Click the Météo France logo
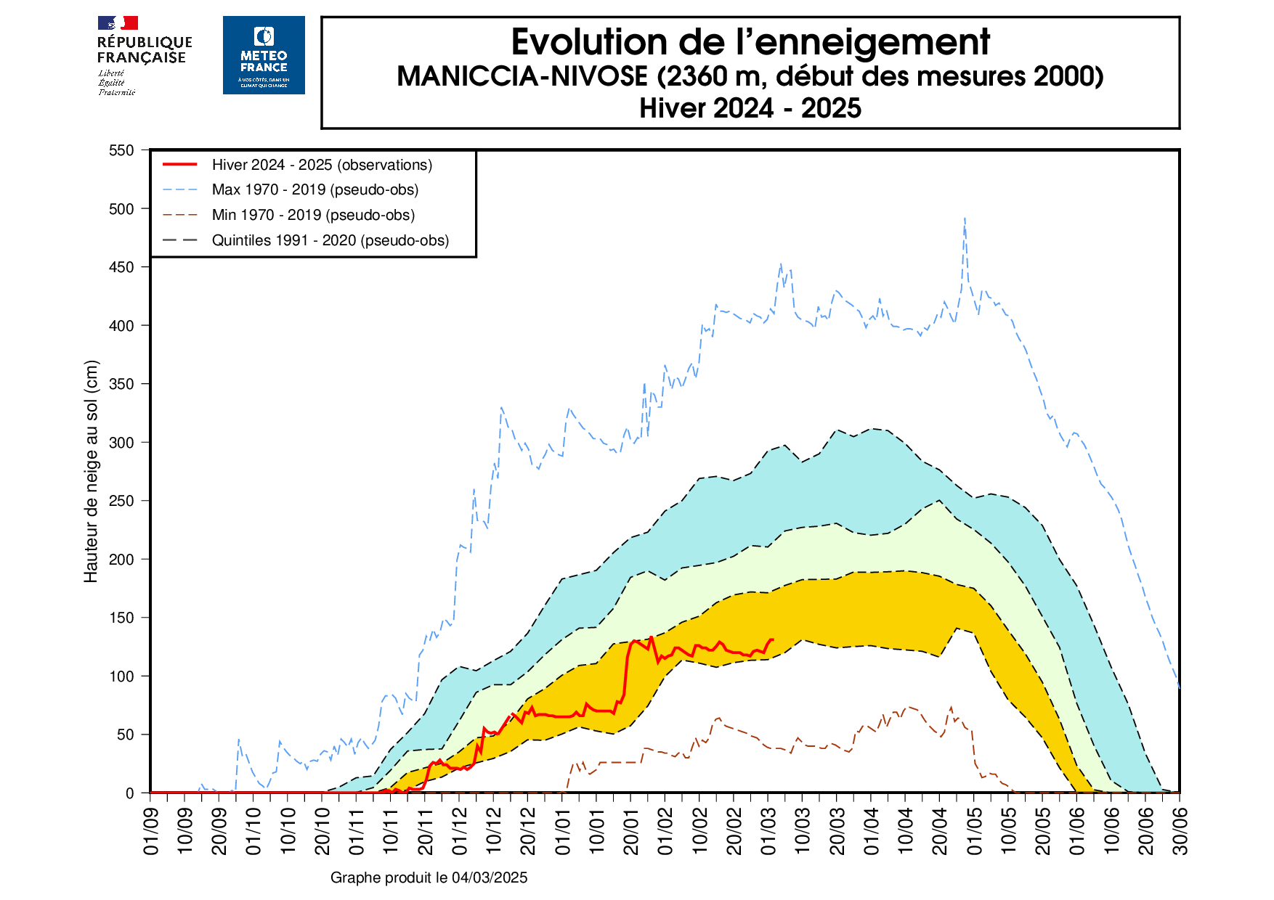pos(264,55)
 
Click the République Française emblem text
pos(144,50)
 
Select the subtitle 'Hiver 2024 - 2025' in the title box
pos(750,108)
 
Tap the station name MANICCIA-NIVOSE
pos(522,76)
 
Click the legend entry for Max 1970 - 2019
pos(315,189)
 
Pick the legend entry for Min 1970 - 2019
pos(313,215)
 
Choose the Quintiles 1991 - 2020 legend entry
pos(330,240)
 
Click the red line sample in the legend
pos(180,165)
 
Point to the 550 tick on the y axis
pos(121,150)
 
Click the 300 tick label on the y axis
pos(121,442)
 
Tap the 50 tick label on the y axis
pos(125,735)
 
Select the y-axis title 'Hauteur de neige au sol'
pos(91,472)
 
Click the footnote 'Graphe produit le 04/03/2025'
pos(429,877)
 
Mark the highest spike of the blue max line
pos(965,218)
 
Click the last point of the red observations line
pos(773,639)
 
